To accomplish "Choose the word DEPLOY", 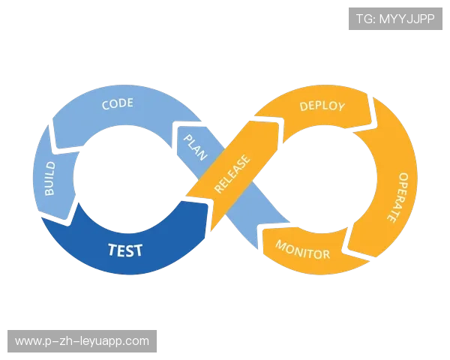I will tap(322, 106).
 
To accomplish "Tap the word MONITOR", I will tap(302, 250).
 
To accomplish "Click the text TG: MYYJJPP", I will tap(395, 18).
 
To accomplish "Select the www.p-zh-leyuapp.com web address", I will tap(82, 341).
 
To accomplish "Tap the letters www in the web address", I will tap(28, 341).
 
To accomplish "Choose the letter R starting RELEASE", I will tap(217, 189).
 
